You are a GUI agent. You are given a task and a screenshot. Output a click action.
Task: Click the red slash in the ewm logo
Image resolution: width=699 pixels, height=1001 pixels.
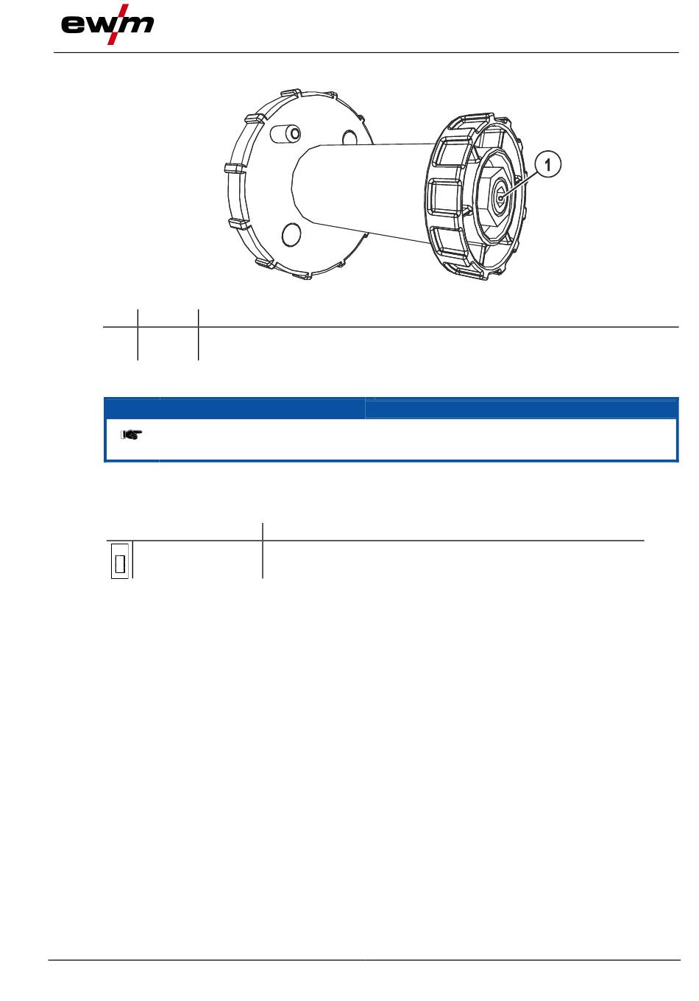coord(118,24)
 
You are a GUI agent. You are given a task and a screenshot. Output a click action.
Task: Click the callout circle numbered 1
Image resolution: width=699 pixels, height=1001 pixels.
coord(547,164)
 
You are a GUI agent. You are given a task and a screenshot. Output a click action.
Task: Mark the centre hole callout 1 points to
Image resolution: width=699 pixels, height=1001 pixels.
coord(501,198)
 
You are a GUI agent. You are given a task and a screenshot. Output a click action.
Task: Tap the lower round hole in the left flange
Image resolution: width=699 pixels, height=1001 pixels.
coord(291,234)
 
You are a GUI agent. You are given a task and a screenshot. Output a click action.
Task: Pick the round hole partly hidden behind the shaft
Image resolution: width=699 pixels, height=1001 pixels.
coord(350,138)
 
